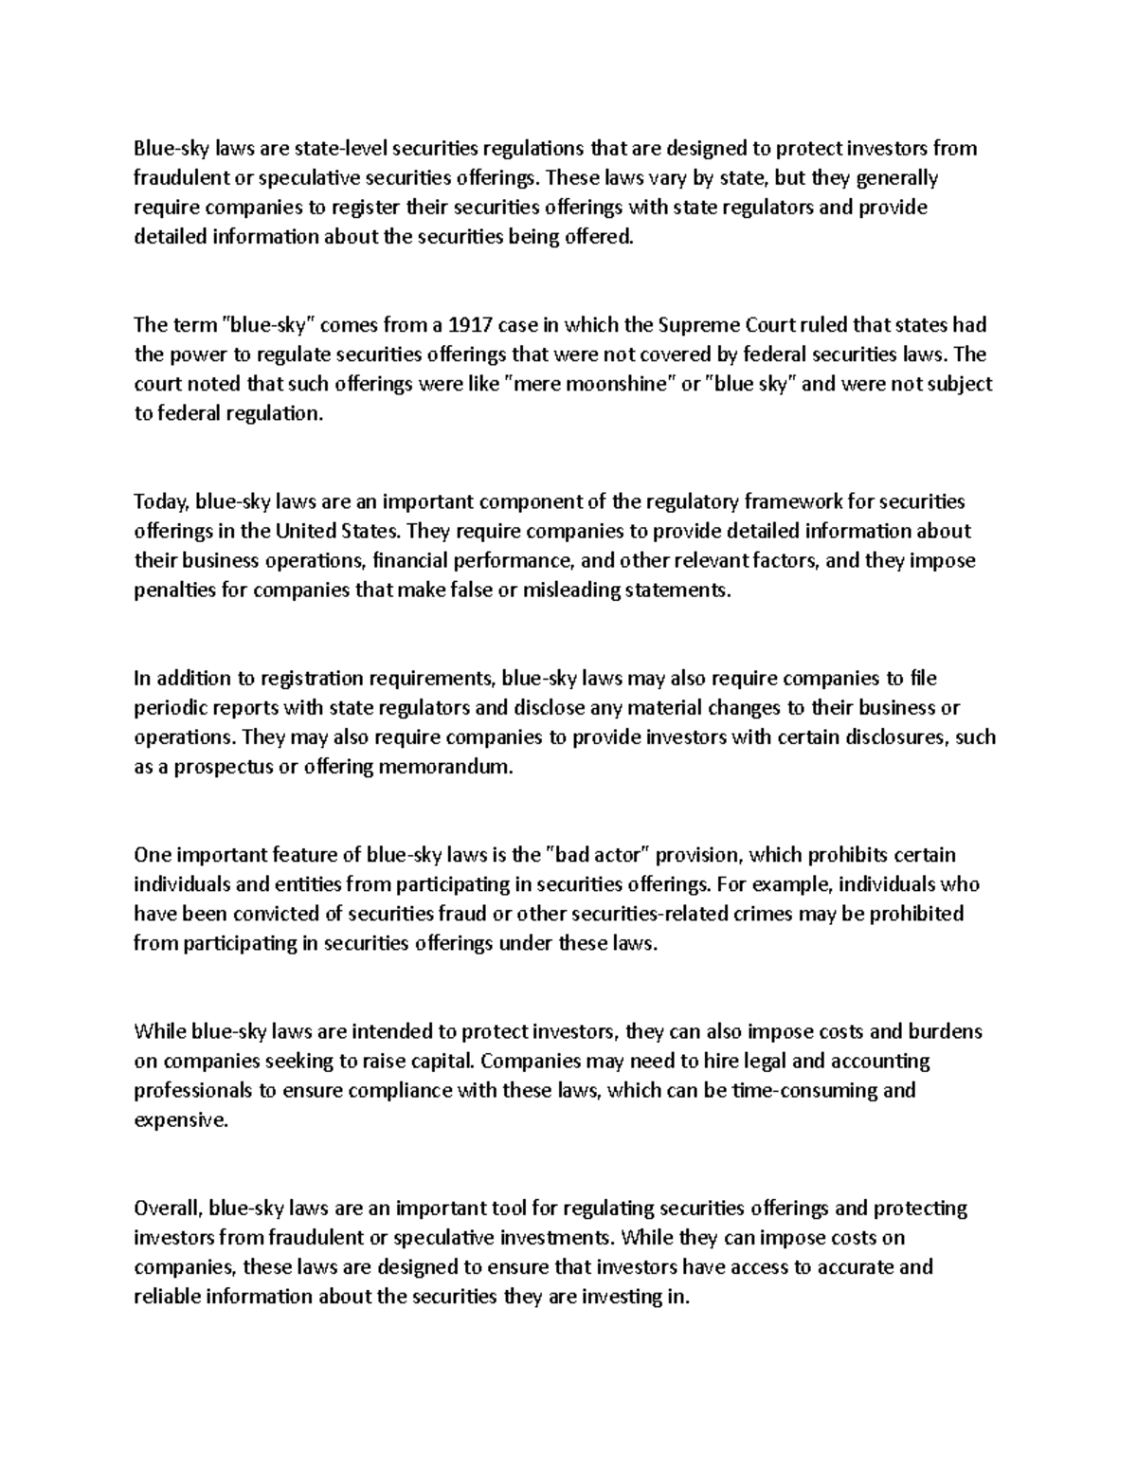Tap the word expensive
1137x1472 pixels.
(181, 1120)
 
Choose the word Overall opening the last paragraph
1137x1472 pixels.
(169, 1208)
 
